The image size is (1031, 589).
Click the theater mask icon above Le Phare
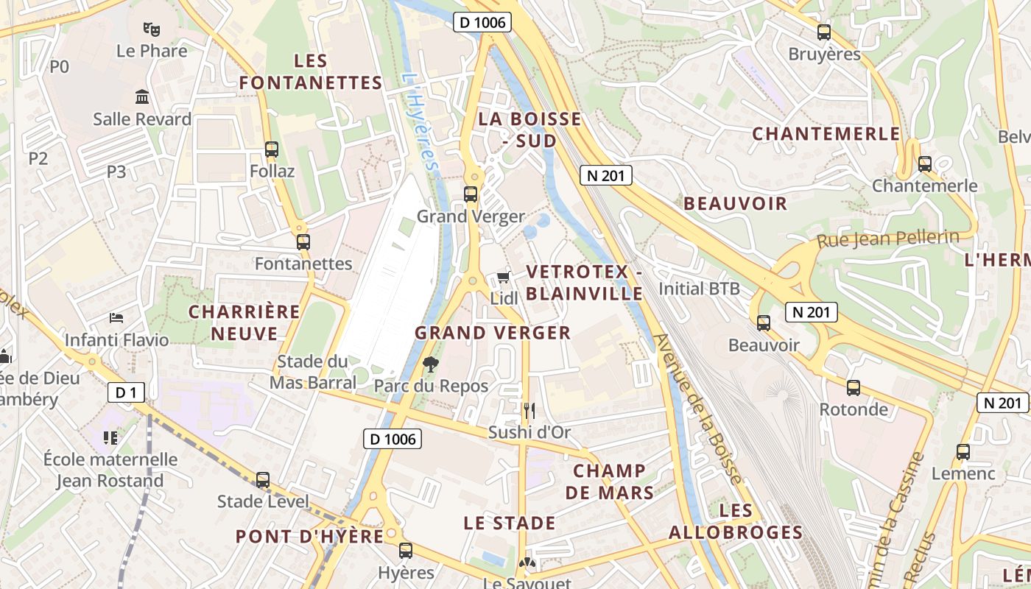pos(152,29)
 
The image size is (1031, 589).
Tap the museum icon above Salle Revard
pos(142,97)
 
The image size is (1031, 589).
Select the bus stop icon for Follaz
pos(272,149)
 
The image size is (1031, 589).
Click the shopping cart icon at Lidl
pos(504,277)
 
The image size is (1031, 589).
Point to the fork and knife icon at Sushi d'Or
pos(529,410)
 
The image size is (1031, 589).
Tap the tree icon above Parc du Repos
pos(431,364)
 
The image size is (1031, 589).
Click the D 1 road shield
pos(126,392)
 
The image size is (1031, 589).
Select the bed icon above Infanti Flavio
pos(116,318)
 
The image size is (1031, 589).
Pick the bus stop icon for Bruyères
pos(824,32)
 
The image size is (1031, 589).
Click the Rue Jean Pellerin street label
pos(887,239)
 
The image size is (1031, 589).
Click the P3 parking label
pos(116,172)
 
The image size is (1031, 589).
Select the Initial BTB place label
pos(699,289)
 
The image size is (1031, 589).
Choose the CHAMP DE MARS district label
pos(610,482)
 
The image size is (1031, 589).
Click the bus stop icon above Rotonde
pos(854,387)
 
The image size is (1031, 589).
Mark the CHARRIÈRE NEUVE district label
pos(244,322)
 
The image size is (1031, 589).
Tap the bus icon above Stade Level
pos(263,479)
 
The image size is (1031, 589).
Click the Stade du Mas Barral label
pos(312,372)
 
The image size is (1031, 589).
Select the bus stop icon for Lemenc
pos(963,452)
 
